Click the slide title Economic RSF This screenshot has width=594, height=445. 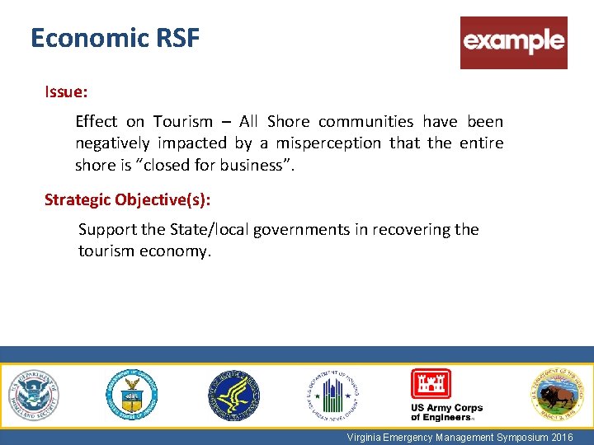coord(115,39)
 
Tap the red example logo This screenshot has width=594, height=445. coord(513,42)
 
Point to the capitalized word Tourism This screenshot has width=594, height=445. coord(182,122)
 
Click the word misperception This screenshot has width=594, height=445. coord(327,143)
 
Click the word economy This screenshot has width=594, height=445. coord(177,251)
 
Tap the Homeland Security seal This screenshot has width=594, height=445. coord(34,395)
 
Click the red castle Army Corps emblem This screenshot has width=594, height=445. coord(431,384)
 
